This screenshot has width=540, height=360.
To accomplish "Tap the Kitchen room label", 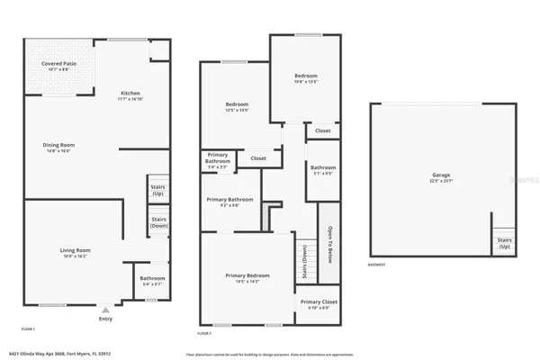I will point(131,95).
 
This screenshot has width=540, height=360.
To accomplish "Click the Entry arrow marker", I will point(105,310).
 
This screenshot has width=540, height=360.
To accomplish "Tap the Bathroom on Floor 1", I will point(152,281).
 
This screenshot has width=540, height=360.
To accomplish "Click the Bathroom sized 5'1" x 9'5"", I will point(323,170).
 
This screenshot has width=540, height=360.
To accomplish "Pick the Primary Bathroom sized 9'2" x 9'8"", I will point(229,202).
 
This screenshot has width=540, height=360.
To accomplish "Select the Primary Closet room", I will point(318,304).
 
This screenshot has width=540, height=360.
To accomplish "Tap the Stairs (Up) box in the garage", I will point(505,243).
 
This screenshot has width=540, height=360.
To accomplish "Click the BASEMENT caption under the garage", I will point(378,265).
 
